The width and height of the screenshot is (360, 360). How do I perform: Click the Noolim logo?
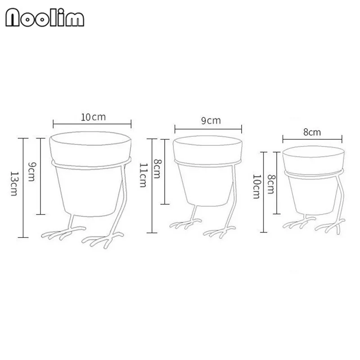click(x=45, y=18)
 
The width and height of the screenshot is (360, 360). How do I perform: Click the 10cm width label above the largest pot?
click(x=93, y=117)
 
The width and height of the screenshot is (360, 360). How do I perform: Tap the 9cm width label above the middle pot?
click(x=211, y=121)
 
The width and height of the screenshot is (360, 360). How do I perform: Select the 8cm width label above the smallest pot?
click(x=312, y=132)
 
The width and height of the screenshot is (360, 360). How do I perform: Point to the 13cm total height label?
click(x=14, y=184)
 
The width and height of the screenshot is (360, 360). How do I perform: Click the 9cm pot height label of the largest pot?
click(x=31, y=172)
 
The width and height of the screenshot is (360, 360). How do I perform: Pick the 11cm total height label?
click(x=143, y=175)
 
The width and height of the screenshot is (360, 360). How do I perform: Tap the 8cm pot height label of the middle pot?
click(x=157, y=169)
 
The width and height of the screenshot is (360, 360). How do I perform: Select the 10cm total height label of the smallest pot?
click(x=256, y=186)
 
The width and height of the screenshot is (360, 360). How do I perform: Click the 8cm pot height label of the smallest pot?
click(x=271, y=184)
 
